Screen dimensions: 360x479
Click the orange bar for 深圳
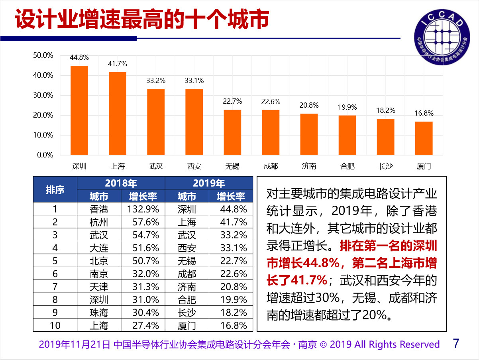[x=79, y=110]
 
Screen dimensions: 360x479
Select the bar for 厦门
[x=424, y=138]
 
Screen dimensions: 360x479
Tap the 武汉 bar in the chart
[x=156, y=122]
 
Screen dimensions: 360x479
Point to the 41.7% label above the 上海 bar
[x=118, y=64]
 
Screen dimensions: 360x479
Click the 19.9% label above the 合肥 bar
[x=347, y=107]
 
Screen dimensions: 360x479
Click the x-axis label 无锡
[x=232, y=166]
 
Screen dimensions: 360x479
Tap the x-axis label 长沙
[x=385, y=166]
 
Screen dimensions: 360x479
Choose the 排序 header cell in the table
[x=55, y=190]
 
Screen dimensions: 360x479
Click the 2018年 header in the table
[x=121, y=183]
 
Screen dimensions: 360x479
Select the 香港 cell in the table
[x=99, y=209]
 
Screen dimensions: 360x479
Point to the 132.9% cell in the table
[x=143, y=209]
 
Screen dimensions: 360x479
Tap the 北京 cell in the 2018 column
[x=99, y=261]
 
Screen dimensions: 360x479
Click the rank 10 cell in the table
[x=55, y=325]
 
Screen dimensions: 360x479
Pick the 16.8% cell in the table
[x=234, y=325]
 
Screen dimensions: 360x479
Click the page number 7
[x=456, y=343]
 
